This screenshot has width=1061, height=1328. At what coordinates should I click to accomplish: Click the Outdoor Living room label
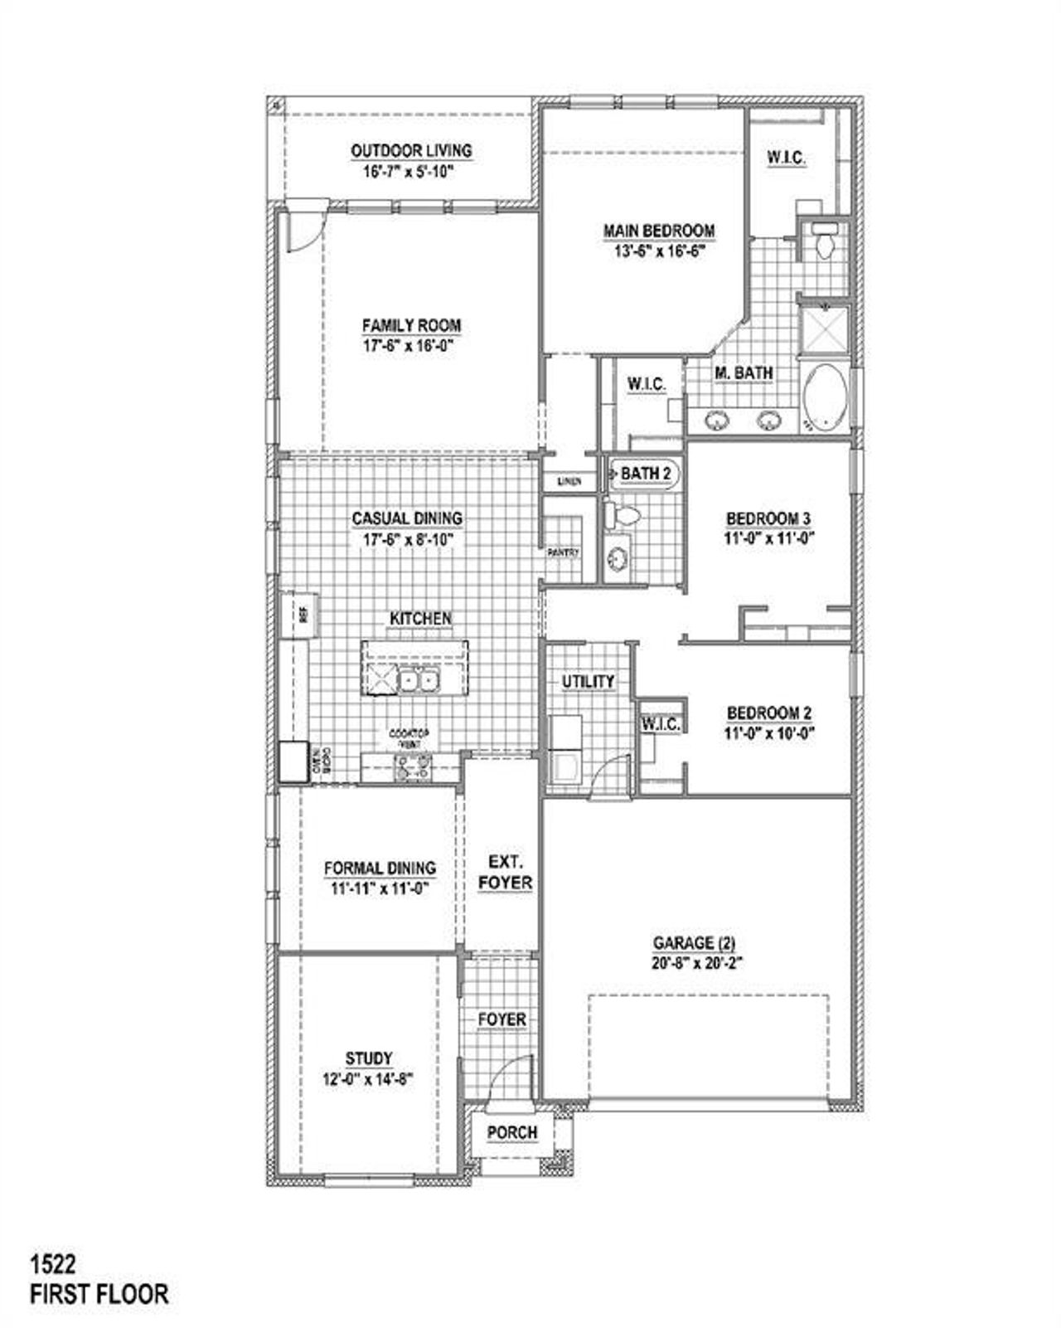(411, 151)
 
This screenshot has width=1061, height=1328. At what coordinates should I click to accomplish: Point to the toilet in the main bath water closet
(824, 242)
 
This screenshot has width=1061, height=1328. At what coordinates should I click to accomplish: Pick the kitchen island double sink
(418, 681)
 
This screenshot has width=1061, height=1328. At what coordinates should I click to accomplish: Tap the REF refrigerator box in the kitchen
(302, 615)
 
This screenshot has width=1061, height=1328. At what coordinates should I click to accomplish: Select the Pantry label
(563, 552)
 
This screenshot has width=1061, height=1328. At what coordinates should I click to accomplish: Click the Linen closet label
(569, 481)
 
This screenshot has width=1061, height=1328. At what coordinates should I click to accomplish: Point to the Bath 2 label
(646, 474)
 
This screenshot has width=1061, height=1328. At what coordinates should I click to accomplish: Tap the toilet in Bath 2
(622, 516)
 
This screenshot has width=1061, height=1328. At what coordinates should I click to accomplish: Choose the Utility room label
(589, 682)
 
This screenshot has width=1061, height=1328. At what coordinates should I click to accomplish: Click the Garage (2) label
(694, 943)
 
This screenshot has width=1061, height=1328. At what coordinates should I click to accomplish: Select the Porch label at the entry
(511, 1132)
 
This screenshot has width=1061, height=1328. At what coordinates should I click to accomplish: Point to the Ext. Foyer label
(505, 873)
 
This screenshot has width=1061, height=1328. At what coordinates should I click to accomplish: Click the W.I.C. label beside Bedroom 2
(661, 724)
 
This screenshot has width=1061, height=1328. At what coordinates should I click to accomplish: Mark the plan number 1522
(53, 1264)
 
